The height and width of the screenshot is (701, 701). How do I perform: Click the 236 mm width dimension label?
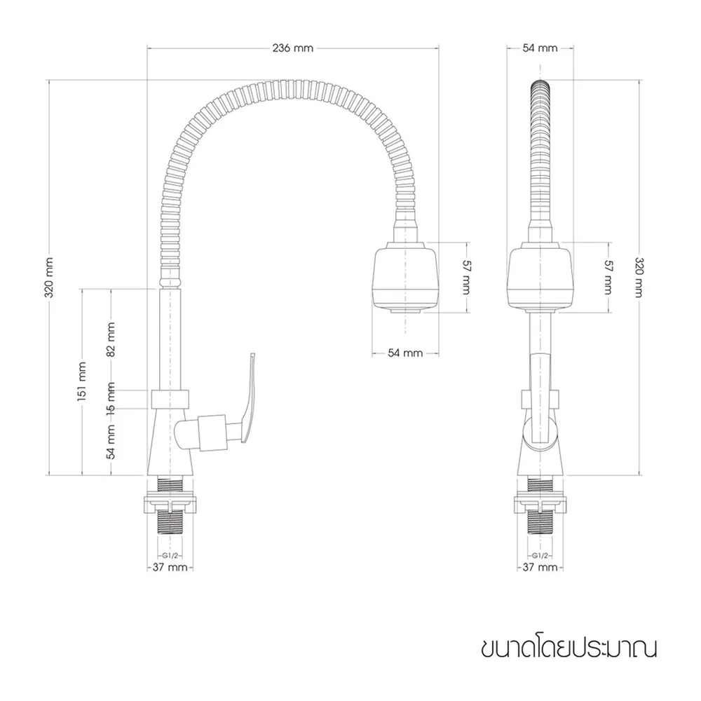click(x=294, y=48)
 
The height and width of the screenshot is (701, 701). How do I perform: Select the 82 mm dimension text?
click(x=111, y=340)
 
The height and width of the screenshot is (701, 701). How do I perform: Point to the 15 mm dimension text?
click(x=111, y=400)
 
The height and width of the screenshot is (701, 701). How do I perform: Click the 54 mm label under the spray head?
click(x=405, y=353)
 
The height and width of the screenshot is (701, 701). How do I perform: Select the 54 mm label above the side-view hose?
click(x=540, y=48)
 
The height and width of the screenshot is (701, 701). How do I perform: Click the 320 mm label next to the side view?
click(x=639, y=277)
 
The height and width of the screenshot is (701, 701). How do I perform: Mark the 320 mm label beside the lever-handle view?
click(x=50, y=277)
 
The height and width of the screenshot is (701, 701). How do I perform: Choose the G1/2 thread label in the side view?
click(x=540, y=555)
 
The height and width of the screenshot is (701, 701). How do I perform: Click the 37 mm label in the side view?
click(x=540, y=567)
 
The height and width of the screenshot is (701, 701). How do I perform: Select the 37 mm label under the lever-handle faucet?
click(x=170, y=567)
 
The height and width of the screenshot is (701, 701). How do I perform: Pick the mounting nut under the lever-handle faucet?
click(x=171, y=503)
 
